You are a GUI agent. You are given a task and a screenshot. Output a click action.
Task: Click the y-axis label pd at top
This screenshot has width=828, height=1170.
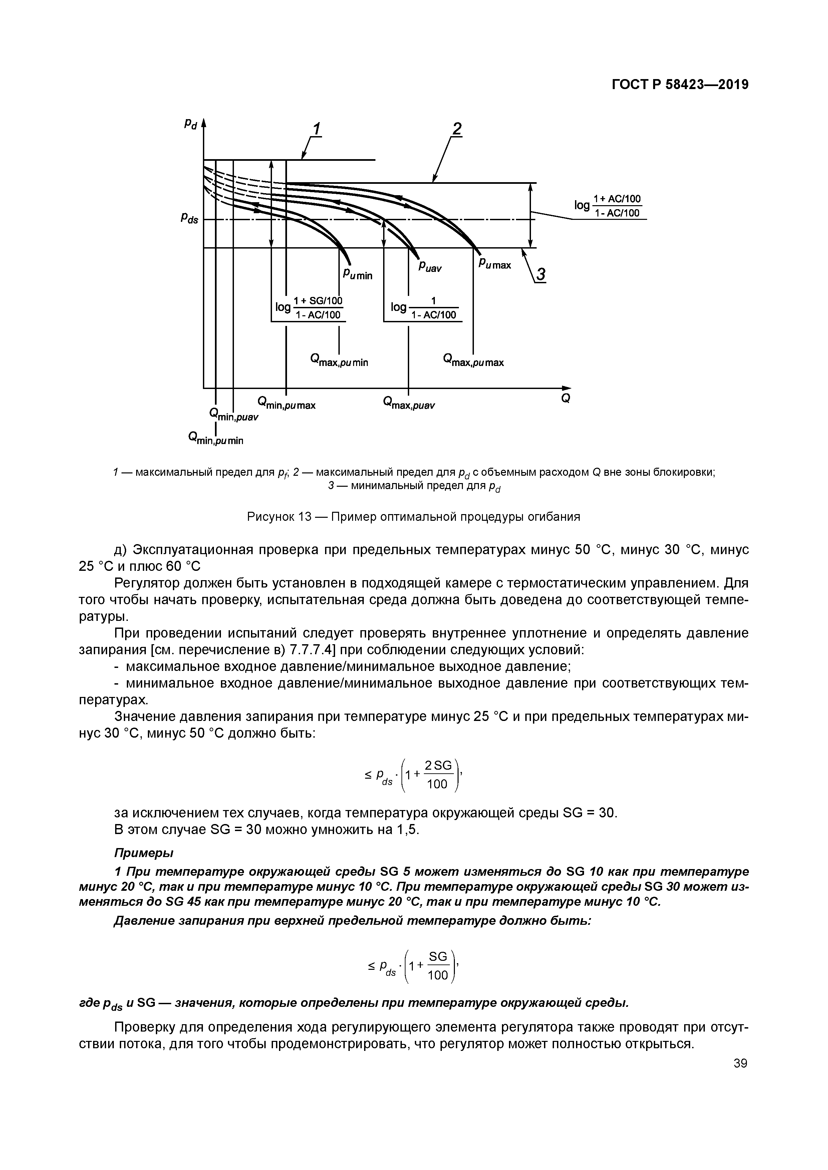click(x=191, y=124)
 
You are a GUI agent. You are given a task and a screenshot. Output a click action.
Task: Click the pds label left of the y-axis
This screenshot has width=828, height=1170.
click(x=189, y=219)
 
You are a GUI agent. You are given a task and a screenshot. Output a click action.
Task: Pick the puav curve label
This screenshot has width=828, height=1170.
click(x=430, y=267)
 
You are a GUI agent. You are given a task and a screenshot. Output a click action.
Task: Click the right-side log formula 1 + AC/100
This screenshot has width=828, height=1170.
click(x=608, y=206)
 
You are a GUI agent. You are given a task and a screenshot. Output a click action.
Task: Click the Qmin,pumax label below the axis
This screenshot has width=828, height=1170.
click(x=287, y=405)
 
